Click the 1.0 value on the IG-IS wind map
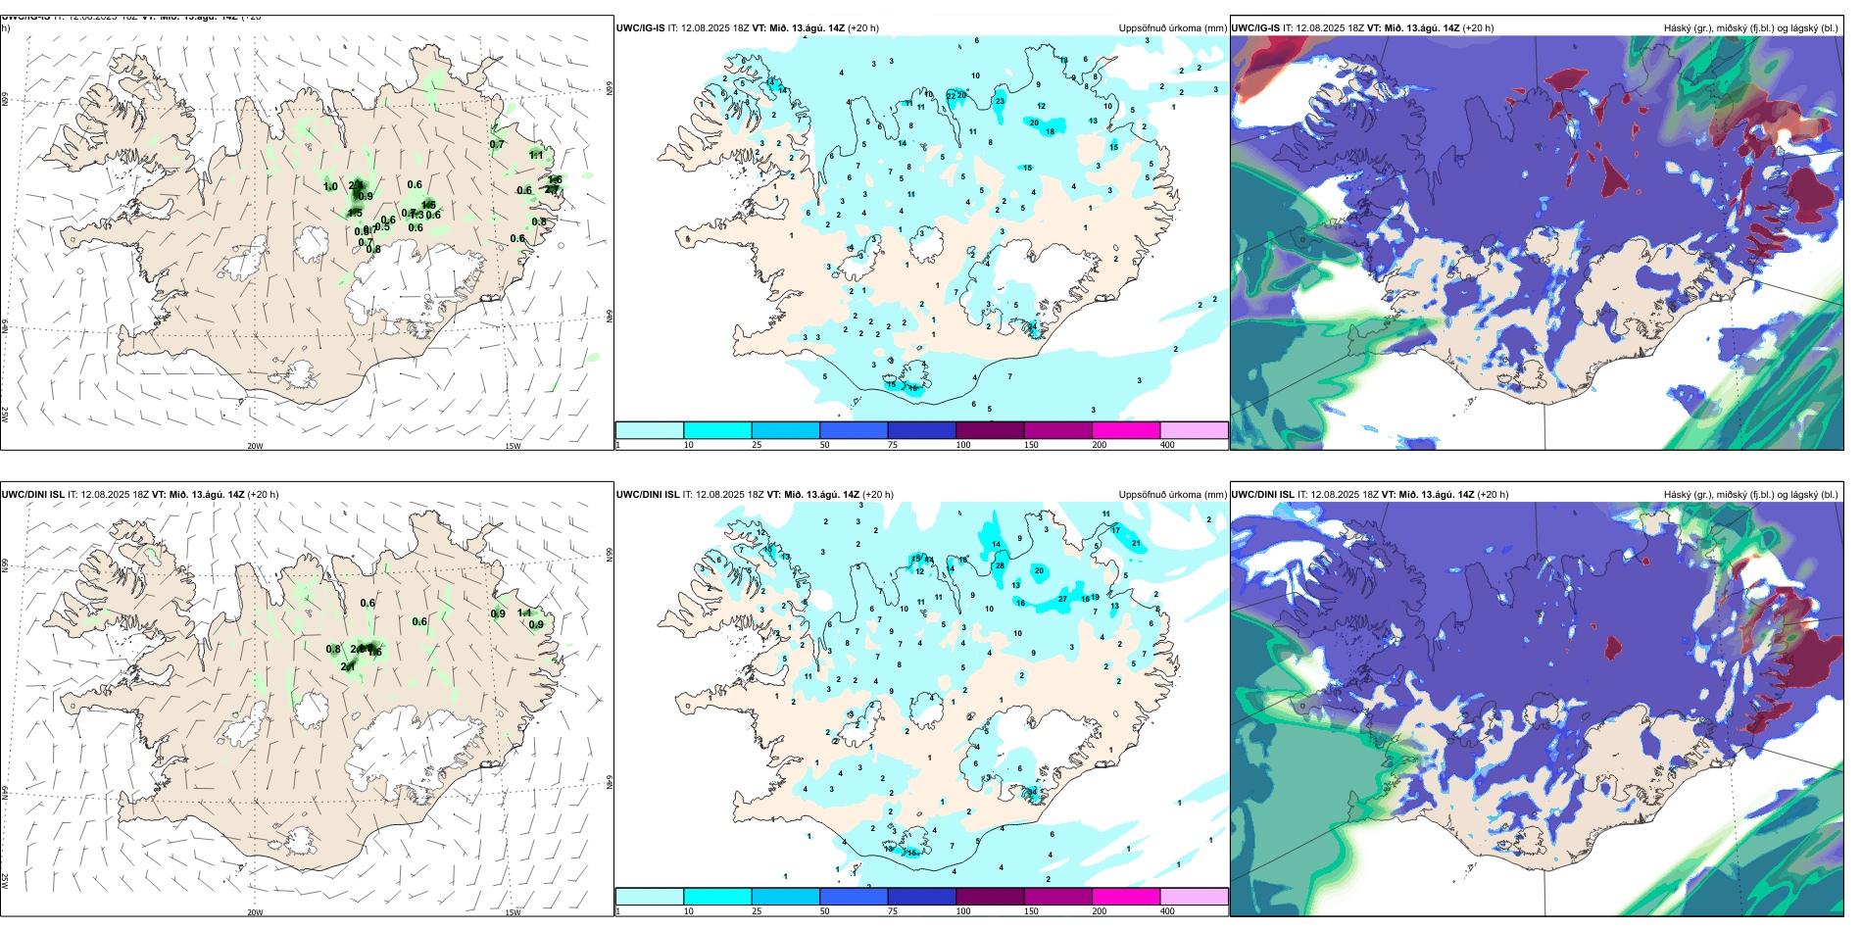330,186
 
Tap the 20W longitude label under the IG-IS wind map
255,446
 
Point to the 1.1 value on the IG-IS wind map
536,155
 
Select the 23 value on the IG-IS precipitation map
1000,101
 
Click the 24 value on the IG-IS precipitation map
1032,326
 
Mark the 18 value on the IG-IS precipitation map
1050,131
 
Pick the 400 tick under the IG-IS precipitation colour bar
1167,445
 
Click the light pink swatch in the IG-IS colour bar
1194,430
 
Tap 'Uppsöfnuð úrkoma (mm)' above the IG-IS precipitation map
1172,28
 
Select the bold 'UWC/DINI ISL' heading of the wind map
32,495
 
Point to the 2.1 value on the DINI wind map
348,667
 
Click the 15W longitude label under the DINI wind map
513,912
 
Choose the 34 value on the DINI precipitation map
1032,792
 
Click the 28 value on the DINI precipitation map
1000,565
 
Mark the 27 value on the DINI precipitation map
1062,599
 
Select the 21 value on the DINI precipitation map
1136,543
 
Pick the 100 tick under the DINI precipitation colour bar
963,911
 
